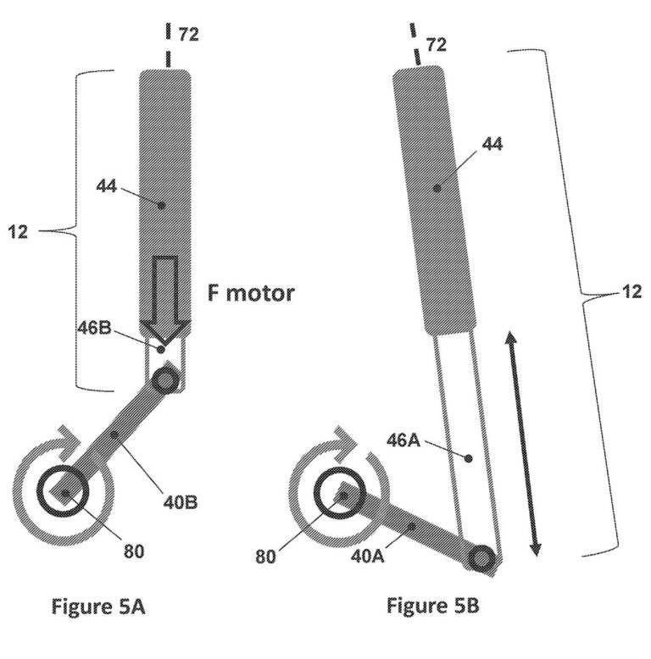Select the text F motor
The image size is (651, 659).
coord(251,294)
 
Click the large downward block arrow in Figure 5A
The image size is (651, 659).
coord(166,301)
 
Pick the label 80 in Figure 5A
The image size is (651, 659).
coord(134,551)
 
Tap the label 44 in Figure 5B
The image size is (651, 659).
coord(492,144)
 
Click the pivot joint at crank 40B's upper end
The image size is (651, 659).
coord(164,381)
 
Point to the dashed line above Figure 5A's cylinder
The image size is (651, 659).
coord(168,47)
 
